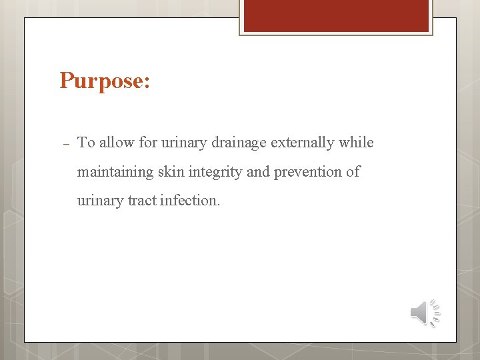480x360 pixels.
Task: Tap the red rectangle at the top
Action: tap(336, 15)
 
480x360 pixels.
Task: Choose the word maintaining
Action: tap(115, 172)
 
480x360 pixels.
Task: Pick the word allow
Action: tap(117, 143)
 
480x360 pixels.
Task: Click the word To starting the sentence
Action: tap(87, 143)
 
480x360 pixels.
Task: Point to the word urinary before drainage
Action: tap(184, 143)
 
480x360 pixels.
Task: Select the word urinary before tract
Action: tap(100, 201)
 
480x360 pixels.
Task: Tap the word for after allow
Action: tap(148, 143)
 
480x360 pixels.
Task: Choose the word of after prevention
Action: tap(353, 171)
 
